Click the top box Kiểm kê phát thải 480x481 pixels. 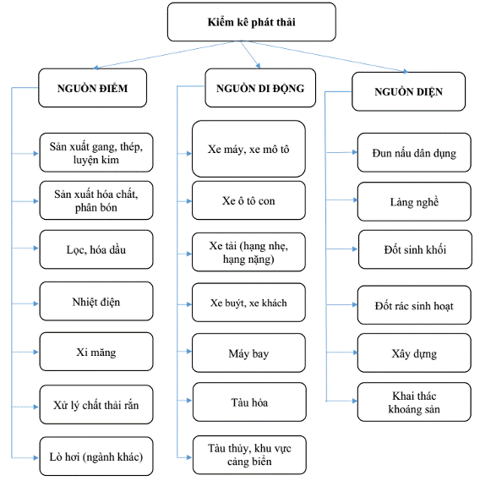(x=252, y=22)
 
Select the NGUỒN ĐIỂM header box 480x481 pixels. (x=93, y=88)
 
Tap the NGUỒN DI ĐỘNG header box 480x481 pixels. (x=260, y=88)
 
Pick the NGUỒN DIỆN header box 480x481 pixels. (x=408, y=91)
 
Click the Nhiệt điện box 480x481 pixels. (x=96, y=301)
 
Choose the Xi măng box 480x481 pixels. (x=96, y=352)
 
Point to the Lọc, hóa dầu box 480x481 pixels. (x=96, y=249)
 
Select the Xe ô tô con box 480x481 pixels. (x=248, y=200)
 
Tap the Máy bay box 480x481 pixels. (x=248, y=353)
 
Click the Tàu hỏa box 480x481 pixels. (x=249, y=402)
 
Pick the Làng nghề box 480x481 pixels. (x=414, y=201)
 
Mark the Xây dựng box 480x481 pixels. (x=414, y=353)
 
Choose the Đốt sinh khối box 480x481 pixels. (x=415, y=249)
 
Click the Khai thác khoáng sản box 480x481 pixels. (x=414, y=402)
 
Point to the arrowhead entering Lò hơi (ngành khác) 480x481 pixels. (x=35, y=457)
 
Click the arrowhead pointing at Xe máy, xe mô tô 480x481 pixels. (x=188, y=153)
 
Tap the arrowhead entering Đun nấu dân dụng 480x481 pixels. (x=355, y=152)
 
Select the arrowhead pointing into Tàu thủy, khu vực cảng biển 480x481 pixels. (x=189, y=457)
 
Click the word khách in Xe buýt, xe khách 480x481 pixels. (x=274, y=303)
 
